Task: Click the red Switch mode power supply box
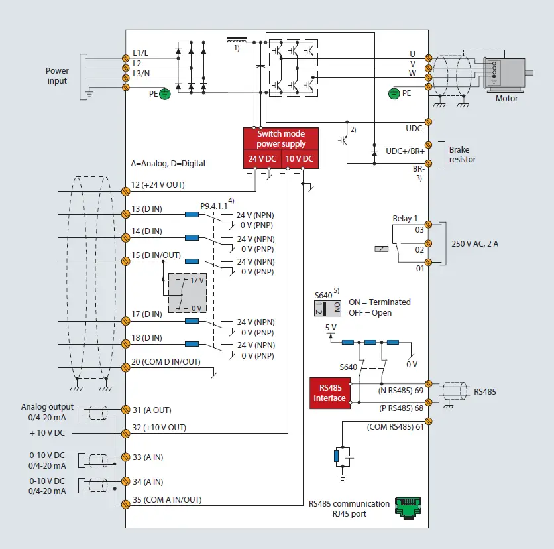(281, 139)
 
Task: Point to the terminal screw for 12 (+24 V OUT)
(126, 191)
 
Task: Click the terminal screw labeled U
(429, 59)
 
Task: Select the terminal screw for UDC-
(429, 122)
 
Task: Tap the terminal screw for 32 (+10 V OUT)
(126, 433)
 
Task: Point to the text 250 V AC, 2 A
(475, 244)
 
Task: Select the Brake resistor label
(463, 154)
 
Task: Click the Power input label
(57, 76)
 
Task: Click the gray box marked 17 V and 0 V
(188, 292)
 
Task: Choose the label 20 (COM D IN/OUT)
(166, 362)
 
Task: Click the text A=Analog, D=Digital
(168, 163)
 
